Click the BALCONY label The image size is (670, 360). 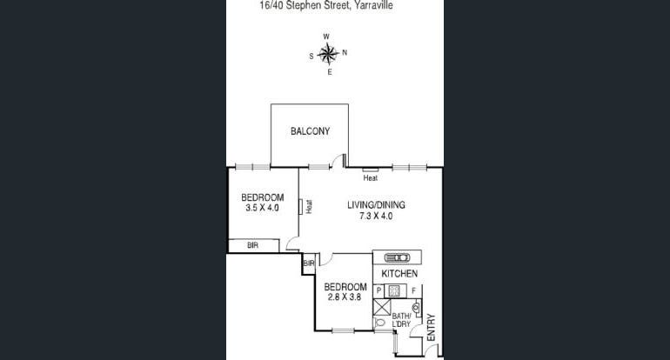311,131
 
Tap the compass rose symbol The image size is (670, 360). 328,54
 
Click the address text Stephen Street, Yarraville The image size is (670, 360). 338,5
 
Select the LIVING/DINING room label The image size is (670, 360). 376,205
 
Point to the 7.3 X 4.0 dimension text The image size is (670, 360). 376,216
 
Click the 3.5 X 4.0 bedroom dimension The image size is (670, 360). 263,208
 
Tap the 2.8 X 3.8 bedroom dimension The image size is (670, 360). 345,297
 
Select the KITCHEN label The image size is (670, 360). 399,274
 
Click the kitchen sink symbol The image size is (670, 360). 397,257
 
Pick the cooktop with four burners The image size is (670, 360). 394,291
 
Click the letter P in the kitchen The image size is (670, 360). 379,290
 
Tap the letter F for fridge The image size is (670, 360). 413,290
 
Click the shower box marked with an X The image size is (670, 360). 382,307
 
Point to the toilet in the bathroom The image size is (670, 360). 379,323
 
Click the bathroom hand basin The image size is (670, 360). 416,307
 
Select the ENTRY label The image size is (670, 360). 431,328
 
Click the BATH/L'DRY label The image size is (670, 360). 401,320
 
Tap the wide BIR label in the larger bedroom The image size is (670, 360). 253,245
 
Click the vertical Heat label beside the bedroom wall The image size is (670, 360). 309,207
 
